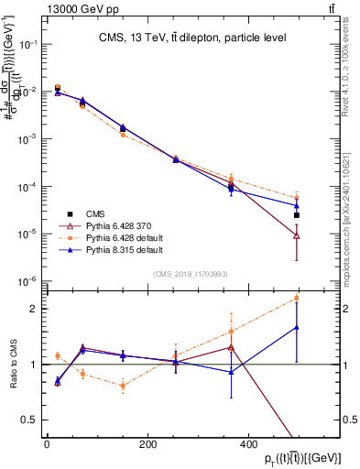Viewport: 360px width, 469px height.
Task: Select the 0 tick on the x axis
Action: click(x=47, y=444)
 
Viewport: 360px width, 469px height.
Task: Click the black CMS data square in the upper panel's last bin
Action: click(x=296, y=215)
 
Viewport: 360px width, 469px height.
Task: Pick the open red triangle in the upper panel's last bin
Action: click(x=296, y=235)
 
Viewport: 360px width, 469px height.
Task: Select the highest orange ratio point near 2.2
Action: click(x=296, y=298)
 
